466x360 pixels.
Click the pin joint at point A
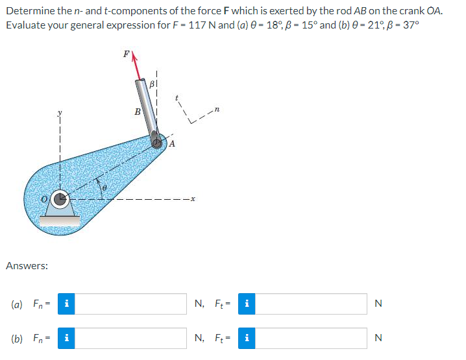[x=157, y=141]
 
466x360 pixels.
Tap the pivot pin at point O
[x=60, y=199]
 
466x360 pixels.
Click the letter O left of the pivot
[x=45, y=198]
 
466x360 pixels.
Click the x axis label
[x=193, y=199]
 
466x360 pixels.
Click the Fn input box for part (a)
[x=130, y=303]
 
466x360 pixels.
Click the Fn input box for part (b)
[x=130, y=337]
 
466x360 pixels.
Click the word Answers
[x=26, y=265]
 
